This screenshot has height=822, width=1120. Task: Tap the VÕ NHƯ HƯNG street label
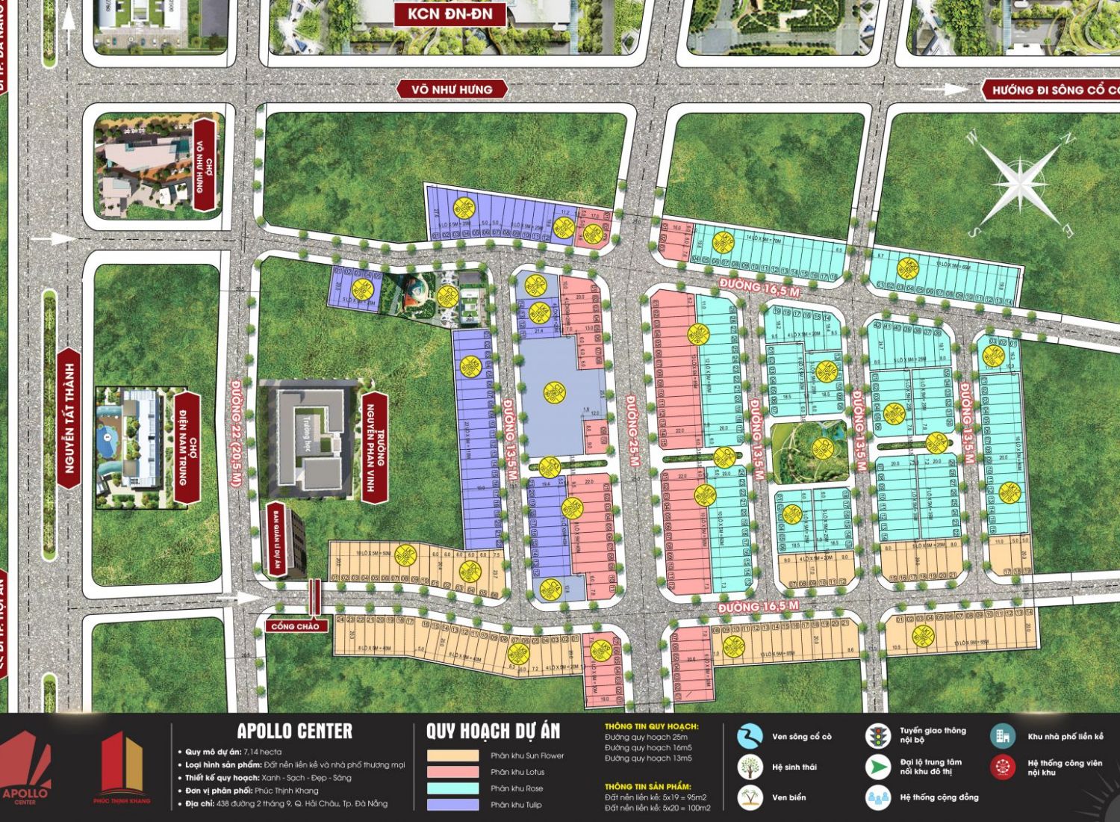(x=452, y=90)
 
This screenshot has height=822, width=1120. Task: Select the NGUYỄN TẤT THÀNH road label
(x=69, y=418)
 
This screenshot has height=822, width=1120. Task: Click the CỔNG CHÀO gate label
(x=295, y=626)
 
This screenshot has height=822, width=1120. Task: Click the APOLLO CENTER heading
(x=294, y=731)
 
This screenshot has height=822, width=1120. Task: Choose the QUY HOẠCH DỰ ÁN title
(x=493, y=731)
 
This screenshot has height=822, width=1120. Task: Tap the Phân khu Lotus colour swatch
(x=452, y=772)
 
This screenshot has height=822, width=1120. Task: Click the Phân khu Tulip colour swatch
(x=452, y=805)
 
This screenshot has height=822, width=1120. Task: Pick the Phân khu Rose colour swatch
(x=452, y=788)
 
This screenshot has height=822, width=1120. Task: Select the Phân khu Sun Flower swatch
(x=452, y=755)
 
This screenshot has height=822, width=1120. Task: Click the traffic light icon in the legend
(x=878, y=735)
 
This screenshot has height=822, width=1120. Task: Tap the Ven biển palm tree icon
(x=750, y=797)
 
